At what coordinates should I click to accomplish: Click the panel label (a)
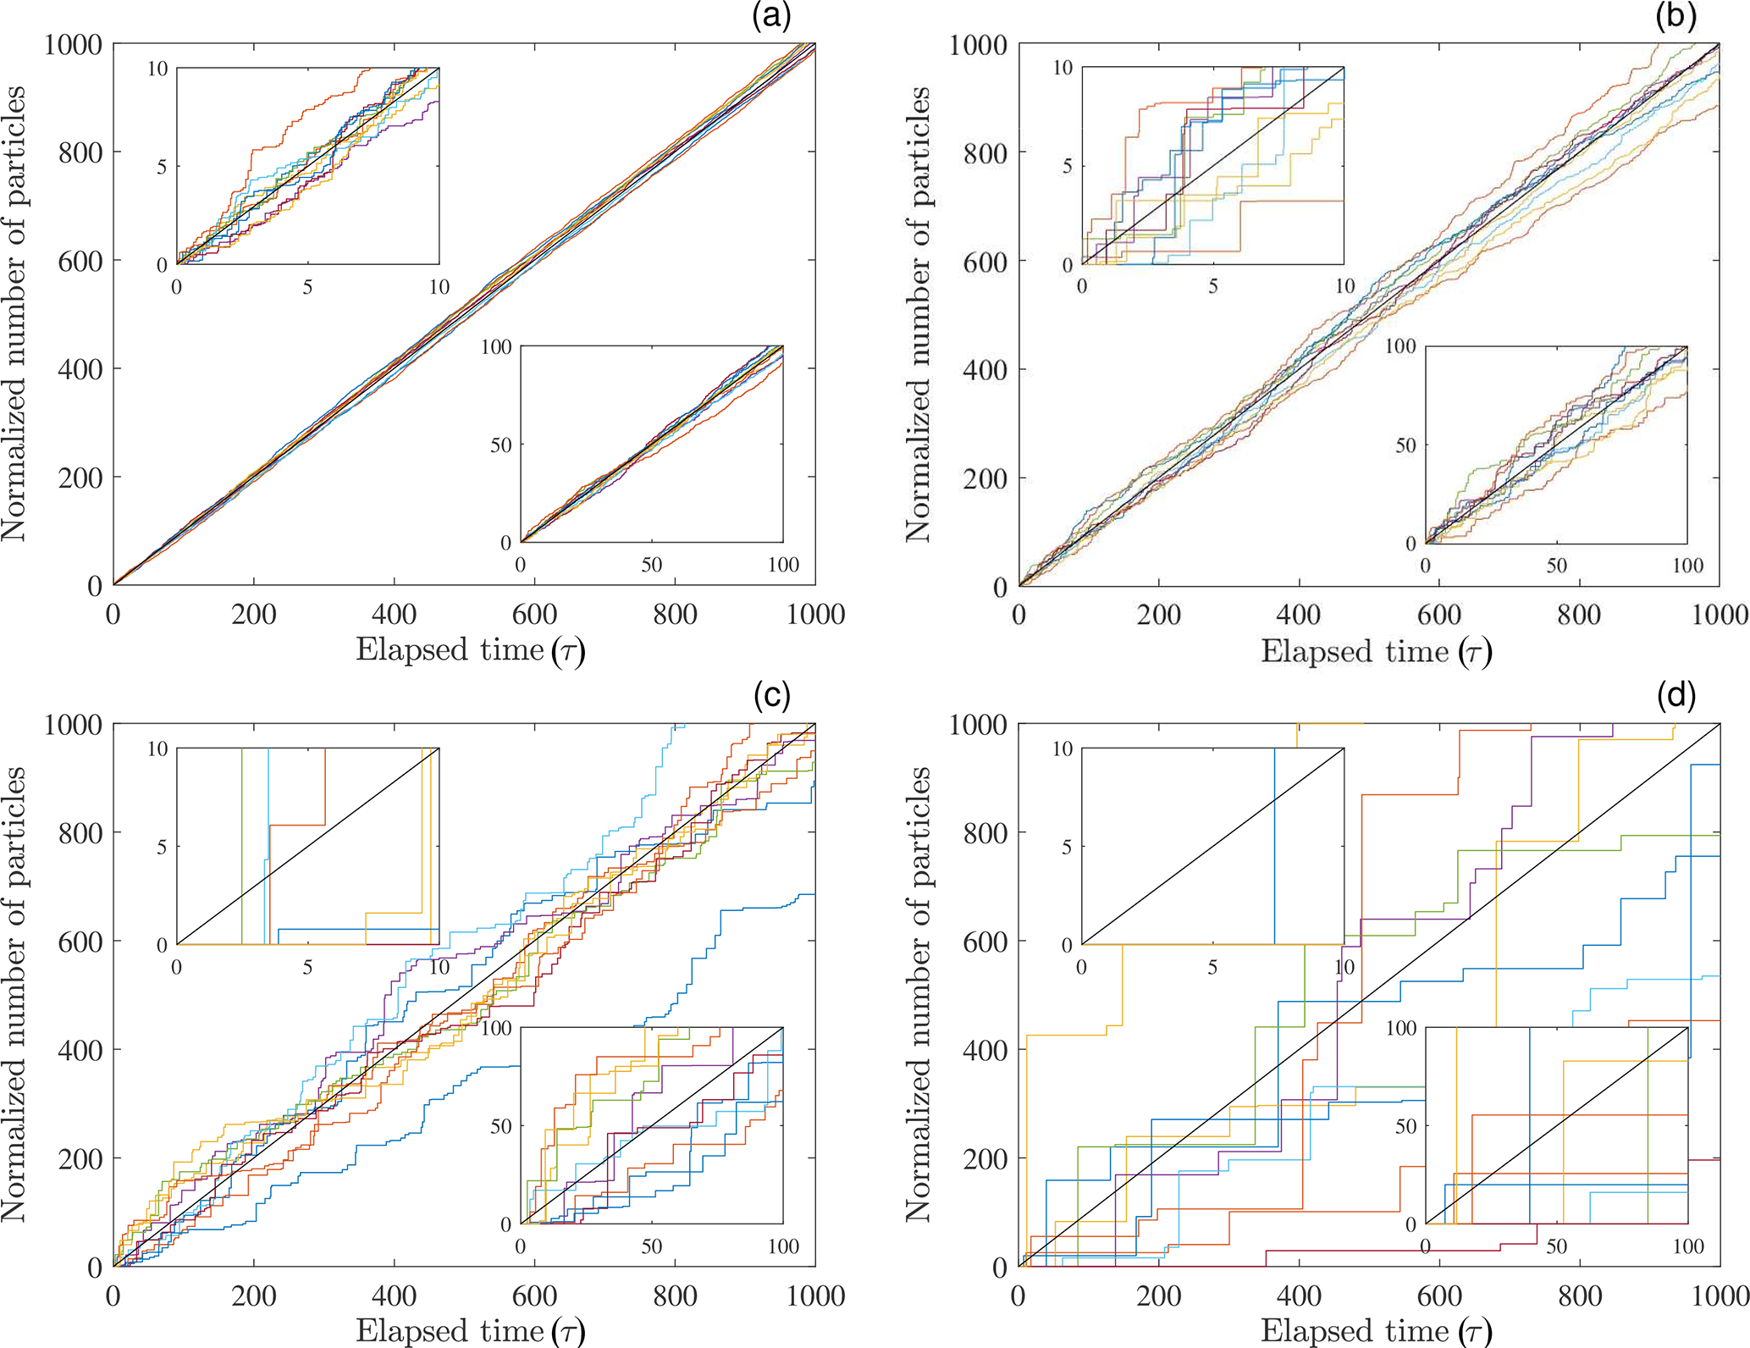point(770,17)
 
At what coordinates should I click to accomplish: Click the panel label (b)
point(1675,17)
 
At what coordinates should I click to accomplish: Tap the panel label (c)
point(771,695)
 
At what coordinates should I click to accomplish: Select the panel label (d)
point(1676,695)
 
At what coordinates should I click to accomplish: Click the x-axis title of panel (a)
point(470,650)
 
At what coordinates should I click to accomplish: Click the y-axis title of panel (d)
point(918,994)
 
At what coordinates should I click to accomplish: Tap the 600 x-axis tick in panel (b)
point(1439,615)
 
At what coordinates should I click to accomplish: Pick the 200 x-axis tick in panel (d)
point(1159,1296)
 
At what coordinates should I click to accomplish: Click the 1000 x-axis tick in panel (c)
point(815,1296)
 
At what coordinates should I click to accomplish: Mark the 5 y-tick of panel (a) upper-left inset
point(162,167)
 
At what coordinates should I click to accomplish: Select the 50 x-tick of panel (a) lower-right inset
point(651,565)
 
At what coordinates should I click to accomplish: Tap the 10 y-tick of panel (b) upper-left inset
point(1063,69)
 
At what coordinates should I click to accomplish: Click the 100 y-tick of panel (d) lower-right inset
point(1400,1028)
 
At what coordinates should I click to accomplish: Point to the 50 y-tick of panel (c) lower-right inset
point(500,1126)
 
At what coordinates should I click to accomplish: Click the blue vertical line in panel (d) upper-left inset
point(1274,847)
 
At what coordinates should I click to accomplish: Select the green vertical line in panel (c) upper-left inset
point(242,847)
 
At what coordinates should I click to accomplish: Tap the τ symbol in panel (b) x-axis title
point(1474,652)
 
